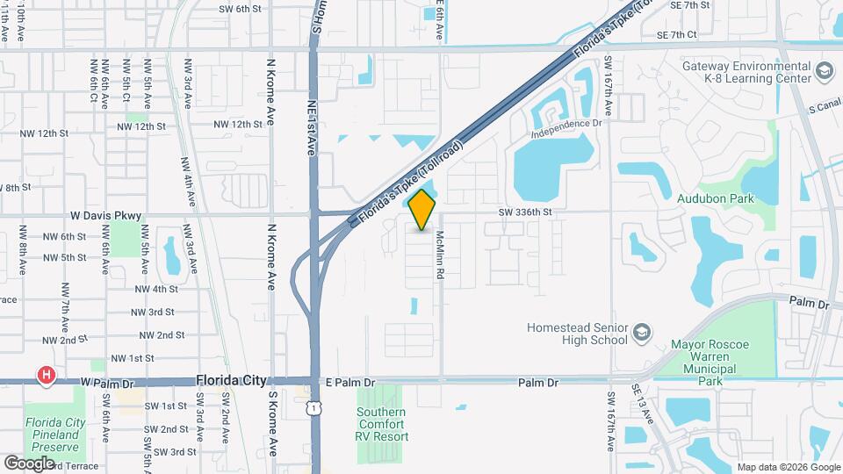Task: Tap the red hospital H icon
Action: click(47, 376)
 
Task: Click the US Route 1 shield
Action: click(314, 407)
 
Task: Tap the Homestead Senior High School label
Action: click(578, 334)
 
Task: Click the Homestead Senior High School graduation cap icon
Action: click(643, 334)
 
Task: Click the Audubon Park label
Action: click(716, 198)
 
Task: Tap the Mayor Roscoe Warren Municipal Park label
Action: click(710, 363)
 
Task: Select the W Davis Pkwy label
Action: click(106, 215)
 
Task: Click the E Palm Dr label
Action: click(349, 383)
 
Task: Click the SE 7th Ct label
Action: click(676, 35)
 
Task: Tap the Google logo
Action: click(29, 463)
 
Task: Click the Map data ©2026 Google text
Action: click(788, 466)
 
